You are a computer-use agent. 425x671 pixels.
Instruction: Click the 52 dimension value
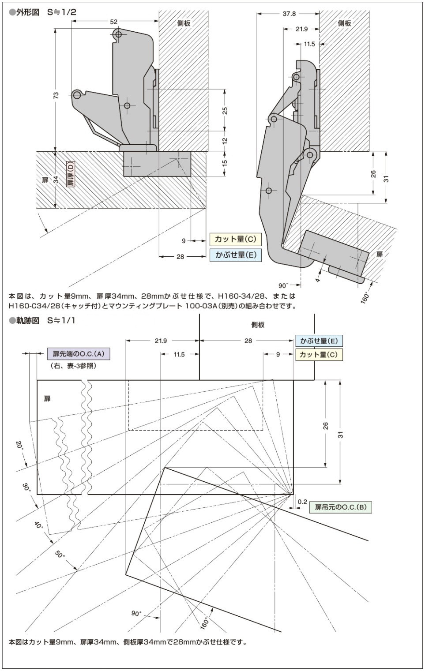tap(114, 22)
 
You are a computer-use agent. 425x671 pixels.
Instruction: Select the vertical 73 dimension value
tap(56, 95)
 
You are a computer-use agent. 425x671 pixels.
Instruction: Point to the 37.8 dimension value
tap(289, 14)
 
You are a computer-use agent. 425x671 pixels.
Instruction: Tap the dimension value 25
tap(225, 110)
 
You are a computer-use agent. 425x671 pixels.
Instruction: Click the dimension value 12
tap(225, 141)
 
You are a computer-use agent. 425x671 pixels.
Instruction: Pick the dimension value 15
tap(225, 163)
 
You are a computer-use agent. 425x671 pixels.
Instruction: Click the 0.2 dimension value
tap(302, 502)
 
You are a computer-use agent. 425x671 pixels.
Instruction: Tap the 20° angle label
tap(19, 445)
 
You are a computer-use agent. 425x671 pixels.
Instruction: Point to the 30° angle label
tap(26, 488)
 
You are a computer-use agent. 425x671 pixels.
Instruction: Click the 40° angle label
tap(39, 525)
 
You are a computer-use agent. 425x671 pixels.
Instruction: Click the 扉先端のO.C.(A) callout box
tap(79, 353)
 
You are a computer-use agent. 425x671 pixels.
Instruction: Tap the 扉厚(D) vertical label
tap(70, 174)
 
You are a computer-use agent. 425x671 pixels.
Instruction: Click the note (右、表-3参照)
tap(73, 366)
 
